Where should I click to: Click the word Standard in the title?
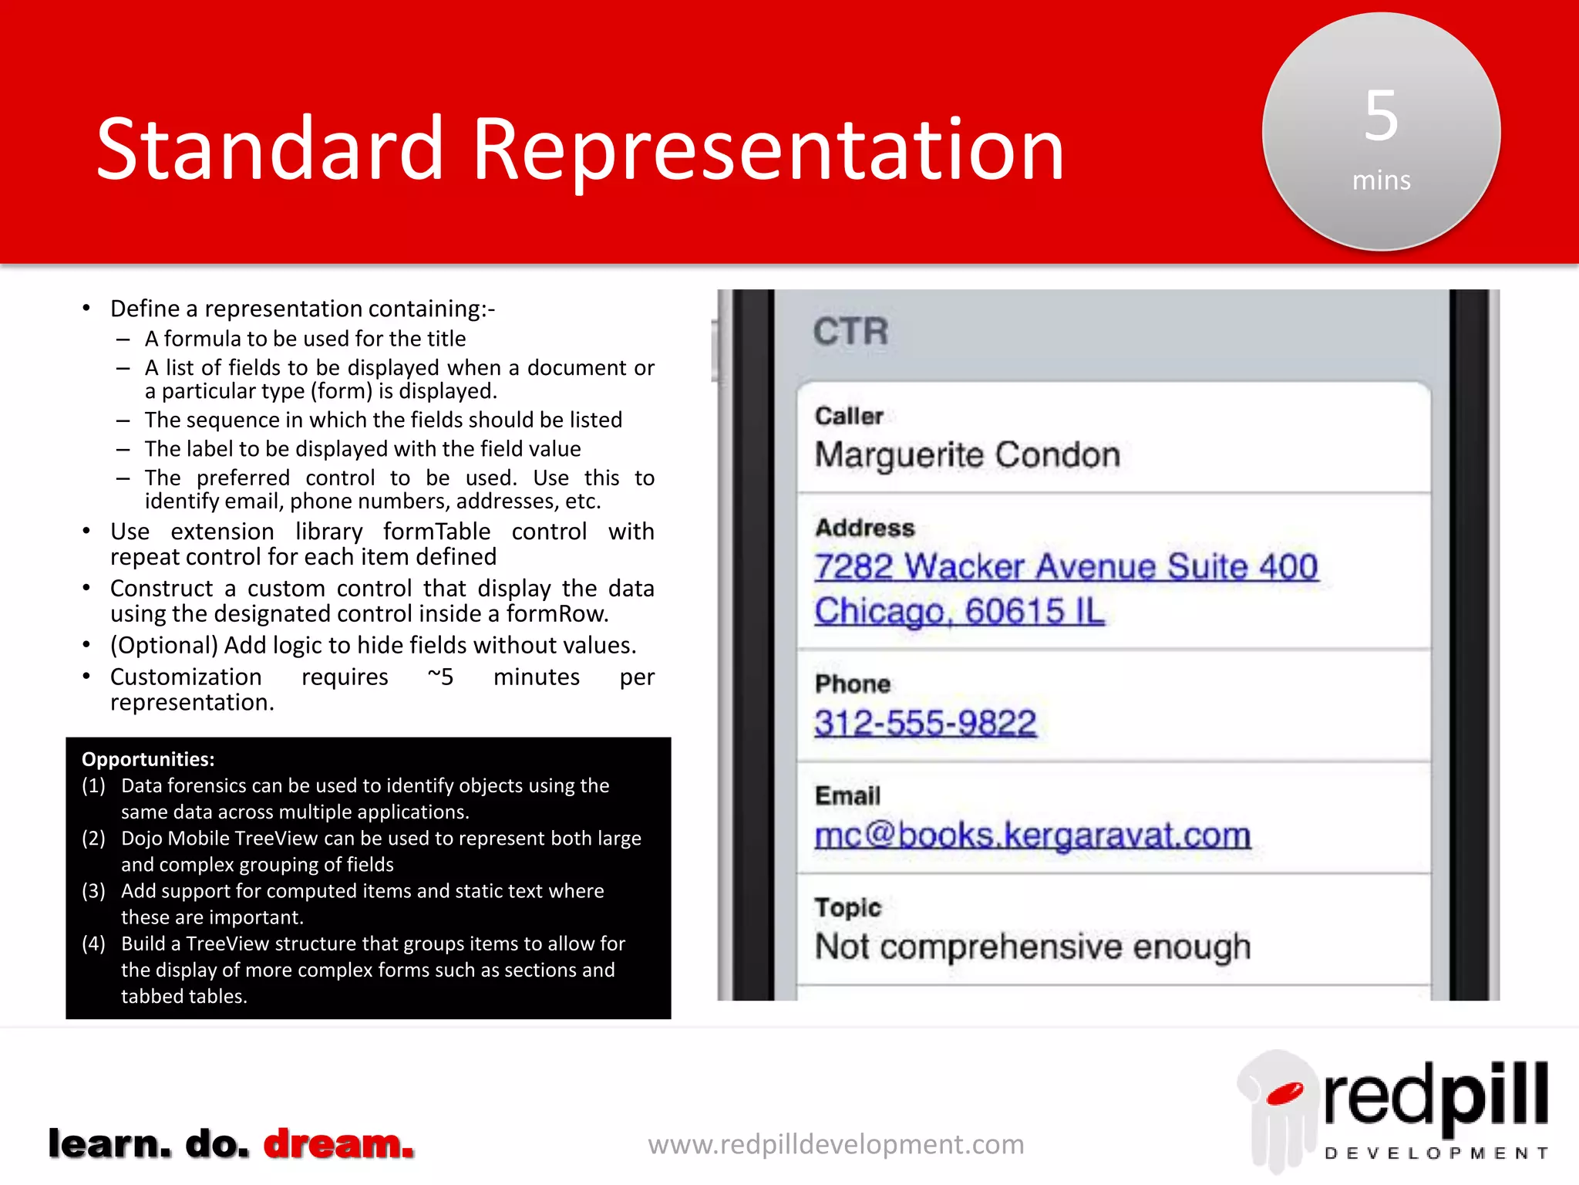click(x=270, y=148)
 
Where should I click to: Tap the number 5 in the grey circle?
click(x=1381, y=116)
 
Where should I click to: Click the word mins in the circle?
click(x=1381, y=181)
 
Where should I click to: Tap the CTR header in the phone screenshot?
click(x=850, y=332)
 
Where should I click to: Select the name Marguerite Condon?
click(x=967, y=455)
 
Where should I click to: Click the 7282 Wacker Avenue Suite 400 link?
click(x=1066, y=567)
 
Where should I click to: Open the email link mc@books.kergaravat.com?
click(x=1032, y=836)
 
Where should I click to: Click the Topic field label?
click(x=847, y=907)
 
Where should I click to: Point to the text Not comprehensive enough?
click(x=1032, y=947)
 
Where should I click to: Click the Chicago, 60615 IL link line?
click(x=959, y=612)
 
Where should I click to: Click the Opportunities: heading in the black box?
click(x=148, y=759)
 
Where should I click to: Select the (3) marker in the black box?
click(x=93, y=891)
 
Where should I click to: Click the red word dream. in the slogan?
click(x=338, y=1143)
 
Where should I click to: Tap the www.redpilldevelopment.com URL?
click(x=836, y=1144)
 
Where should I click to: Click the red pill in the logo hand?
click(x=1284, y=1093)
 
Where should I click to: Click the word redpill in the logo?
click(x=1436, y=1096)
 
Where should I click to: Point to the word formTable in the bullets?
click(x=436, y=532)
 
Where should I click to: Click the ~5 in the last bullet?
click(x=440, y=677)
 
